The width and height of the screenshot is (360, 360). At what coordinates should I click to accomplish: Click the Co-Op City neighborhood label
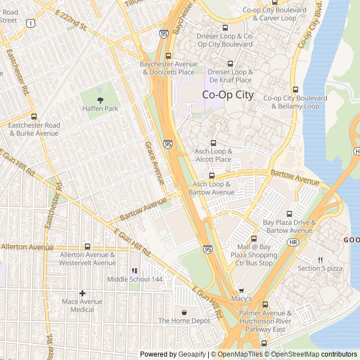(x=227, y=95)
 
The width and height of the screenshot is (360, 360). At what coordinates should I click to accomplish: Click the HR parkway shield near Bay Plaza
(x=292, y=242)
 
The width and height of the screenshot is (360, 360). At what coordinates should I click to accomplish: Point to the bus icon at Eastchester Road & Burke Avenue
(x=34, y=117)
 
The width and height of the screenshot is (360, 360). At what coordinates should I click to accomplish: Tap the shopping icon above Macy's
(x=242, y=291)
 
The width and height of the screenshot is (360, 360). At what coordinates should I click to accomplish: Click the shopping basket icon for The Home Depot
(x=184, y=312)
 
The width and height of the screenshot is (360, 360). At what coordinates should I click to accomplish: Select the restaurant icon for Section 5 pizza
(x=319, y=260)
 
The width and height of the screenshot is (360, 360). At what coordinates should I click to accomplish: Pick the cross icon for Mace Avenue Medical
(x=82, y=293)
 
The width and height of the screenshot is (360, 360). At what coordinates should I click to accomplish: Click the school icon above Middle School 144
(x=134, y=271)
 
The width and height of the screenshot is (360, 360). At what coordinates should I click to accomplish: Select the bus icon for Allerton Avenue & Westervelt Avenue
(x=87, y=246)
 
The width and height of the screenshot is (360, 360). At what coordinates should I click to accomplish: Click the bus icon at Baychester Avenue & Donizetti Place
(x=168, y=56)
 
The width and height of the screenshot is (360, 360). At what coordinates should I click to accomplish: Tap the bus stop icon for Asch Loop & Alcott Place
(x=213, y=143)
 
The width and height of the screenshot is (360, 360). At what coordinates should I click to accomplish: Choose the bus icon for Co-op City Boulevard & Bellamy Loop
(x=295, y=89)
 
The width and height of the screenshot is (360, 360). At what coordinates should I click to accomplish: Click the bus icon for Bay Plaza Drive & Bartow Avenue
(x=289, y=214)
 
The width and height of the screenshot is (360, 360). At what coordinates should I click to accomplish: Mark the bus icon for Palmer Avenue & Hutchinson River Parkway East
(x=265, y=305)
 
